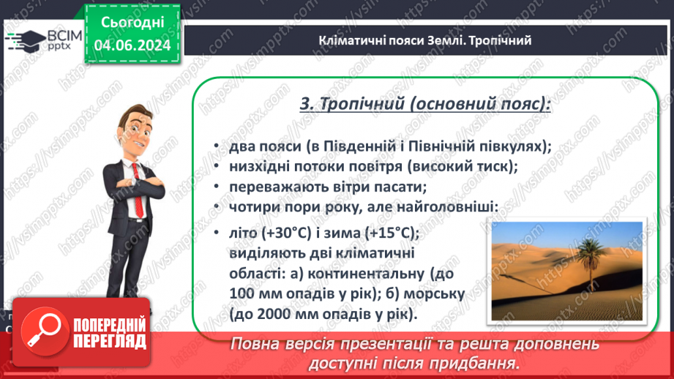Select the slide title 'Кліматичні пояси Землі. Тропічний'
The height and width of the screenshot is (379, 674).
tap(424, 40)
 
